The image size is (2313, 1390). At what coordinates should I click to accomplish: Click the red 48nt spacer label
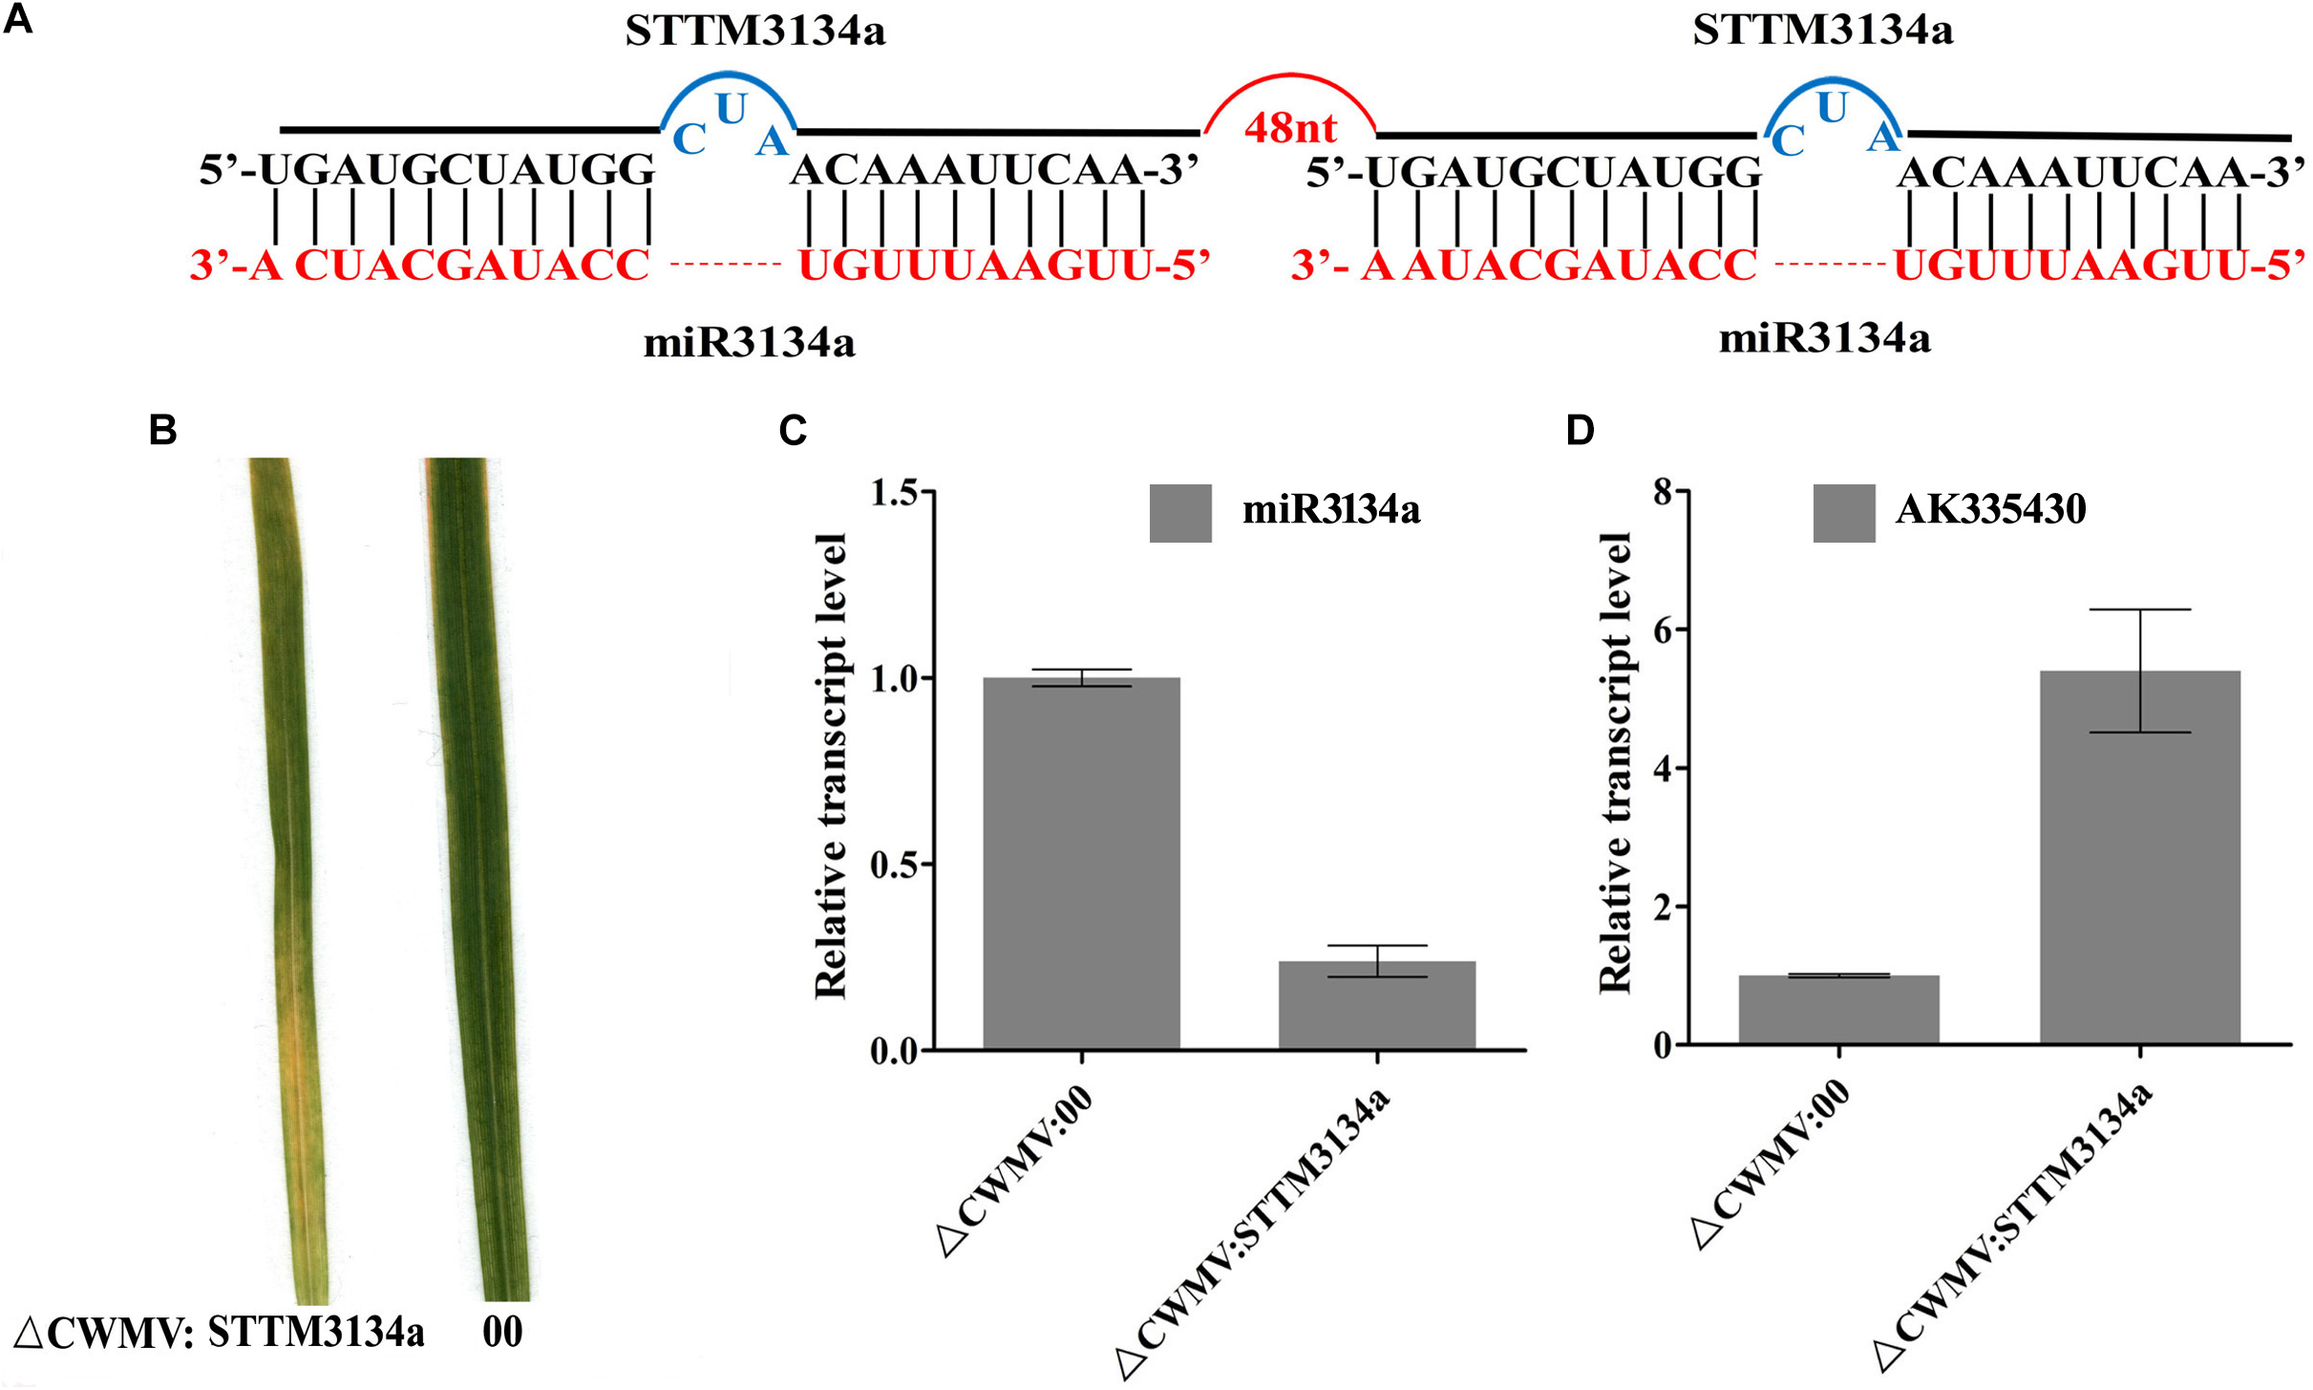[x=1289, y=127]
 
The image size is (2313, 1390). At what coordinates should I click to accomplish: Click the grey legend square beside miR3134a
[x=1180, y=513]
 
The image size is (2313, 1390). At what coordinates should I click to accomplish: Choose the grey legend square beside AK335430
[x=1843, y=513]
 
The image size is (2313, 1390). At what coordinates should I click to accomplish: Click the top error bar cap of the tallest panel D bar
[x=2139, y=609]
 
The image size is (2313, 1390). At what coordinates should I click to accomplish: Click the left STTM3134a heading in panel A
[x=754, y=31]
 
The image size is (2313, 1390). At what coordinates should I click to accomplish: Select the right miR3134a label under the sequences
[x=1824, y=338]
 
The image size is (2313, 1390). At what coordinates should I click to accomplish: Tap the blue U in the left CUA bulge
[x=732, y=109]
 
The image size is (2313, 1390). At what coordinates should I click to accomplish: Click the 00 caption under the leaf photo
[x=502, y=1332]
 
